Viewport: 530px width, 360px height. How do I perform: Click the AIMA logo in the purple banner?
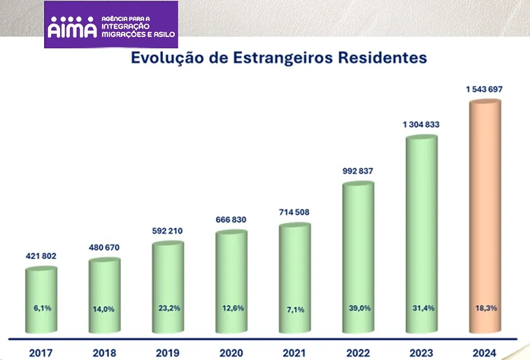point(72,27)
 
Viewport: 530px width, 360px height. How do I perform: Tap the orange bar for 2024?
point(485,218)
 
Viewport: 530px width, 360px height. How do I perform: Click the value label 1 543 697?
point(485,90)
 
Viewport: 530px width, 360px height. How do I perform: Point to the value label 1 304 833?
point(421,124)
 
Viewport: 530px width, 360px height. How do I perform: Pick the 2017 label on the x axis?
point(41,354)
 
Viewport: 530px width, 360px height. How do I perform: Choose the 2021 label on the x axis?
point(294,354)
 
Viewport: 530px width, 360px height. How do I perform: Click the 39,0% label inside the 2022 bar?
point(358,309)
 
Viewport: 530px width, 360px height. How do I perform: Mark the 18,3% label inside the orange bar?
point(485,309)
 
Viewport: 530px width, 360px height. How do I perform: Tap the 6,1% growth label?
point(41,309)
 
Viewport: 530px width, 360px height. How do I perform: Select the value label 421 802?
point(41,256)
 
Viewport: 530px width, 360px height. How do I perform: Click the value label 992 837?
point(358,171)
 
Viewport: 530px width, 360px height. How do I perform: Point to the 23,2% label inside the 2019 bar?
point(168,309)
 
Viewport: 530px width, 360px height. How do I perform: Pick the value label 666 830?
point(231,220)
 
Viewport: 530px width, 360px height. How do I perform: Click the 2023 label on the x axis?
point(422,354)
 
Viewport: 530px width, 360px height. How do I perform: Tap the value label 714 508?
point(294,212)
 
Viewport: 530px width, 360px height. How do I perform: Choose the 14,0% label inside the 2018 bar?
point(104,309)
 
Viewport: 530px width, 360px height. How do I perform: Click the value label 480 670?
point(104,247)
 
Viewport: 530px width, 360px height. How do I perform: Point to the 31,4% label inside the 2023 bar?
point(422,309)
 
